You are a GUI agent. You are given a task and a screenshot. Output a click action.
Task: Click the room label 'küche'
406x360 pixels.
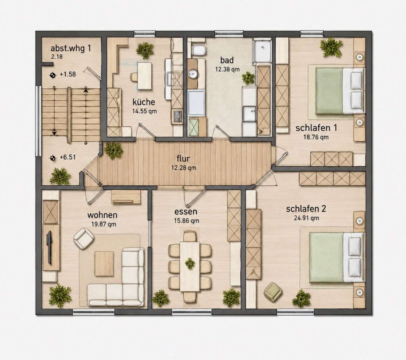(144, 102)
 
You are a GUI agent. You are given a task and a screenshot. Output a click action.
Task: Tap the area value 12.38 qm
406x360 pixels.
(227, 69)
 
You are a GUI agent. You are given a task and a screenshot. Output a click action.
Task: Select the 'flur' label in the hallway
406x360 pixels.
(183, 158)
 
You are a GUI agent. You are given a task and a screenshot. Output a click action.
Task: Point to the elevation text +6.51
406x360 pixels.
(67, 157)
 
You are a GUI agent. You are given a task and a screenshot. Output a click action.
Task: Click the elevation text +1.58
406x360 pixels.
(67, 74)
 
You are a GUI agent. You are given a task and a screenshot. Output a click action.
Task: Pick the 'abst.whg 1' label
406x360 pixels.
(71, 48)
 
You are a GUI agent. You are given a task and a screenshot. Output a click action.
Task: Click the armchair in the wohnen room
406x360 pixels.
(83, 238)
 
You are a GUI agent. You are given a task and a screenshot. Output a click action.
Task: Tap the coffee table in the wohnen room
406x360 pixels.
(104, 263)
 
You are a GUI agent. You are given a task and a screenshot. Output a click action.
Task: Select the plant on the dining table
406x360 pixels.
(190, 263)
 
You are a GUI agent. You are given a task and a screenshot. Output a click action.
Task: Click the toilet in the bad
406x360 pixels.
(199, 50)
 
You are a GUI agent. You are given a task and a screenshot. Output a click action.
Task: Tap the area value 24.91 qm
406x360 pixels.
(306, 218)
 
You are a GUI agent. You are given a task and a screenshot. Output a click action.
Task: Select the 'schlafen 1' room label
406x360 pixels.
(316, 128)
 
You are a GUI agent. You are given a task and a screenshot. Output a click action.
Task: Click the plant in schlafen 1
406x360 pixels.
(331, 48)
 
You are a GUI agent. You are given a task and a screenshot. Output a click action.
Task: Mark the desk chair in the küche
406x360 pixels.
(134, 77)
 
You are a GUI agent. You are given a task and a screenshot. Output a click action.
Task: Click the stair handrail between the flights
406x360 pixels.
(69, 115)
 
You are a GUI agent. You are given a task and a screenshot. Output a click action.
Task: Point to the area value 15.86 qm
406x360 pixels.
(187, 221)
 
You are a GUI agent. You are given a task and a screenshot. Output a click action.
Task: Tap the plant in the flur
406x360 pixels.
(113, 150)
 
